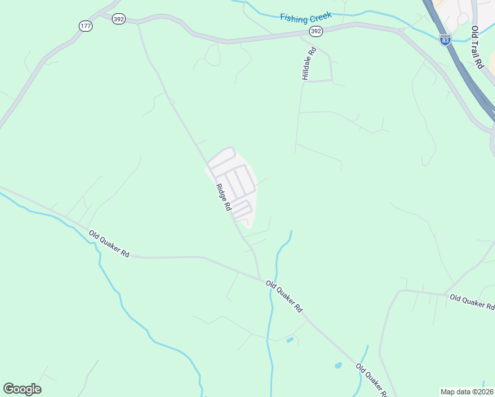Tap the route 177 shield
[x=85, y=25]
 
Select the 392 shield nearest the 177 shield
[x=118, y=20]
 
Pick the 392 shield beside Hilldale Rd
[x=316, y=31]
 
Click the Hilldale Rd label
[x=308, y=64]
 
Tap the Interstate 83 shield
[x=445, y=40]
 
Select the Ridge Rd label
[x=223, y=197]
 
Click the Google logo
[x=22, y=389]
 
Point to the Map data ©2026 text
[x=467, y=391]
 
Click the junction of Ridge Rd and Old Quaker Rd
[x=259, y=279]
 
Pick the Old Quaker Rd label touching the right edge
[x=472, y=302]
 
